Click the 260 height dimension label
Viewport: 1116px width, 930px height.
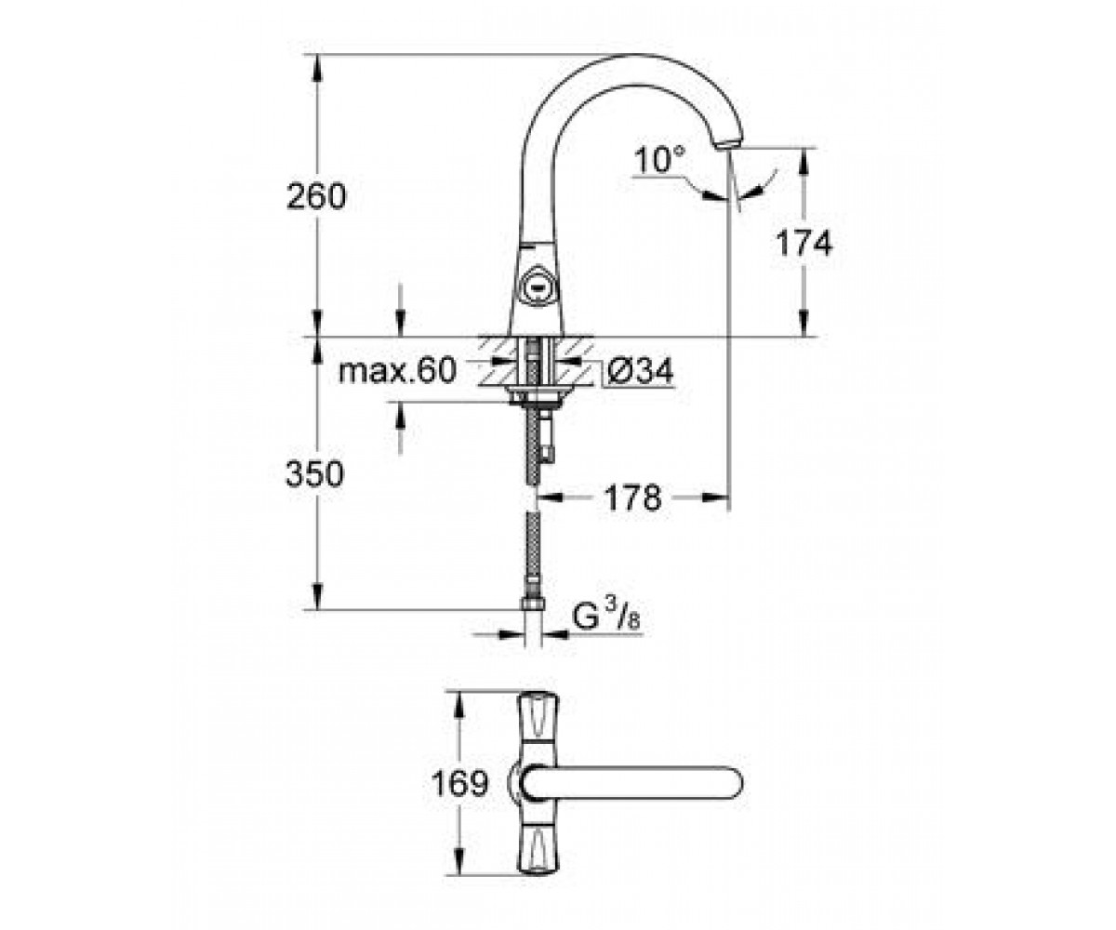(x=316, y=196)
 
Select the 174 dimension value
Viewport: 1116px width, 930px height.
(x=804, y=243)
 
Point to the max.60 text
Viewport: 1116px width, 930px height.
(x=398, y=370)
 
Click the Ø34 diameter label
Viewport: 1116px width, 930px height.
(x=641, y=370)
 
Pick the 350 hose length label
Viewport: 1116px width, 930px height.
(x=315, y=474)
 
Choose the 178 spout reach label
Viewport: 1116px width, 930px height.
(x=632, y=498)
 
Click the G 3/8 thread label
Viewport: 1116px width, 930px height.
(x=606, y=618)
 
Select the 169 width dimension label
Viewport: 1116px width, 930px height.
(x=459, y=784)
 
